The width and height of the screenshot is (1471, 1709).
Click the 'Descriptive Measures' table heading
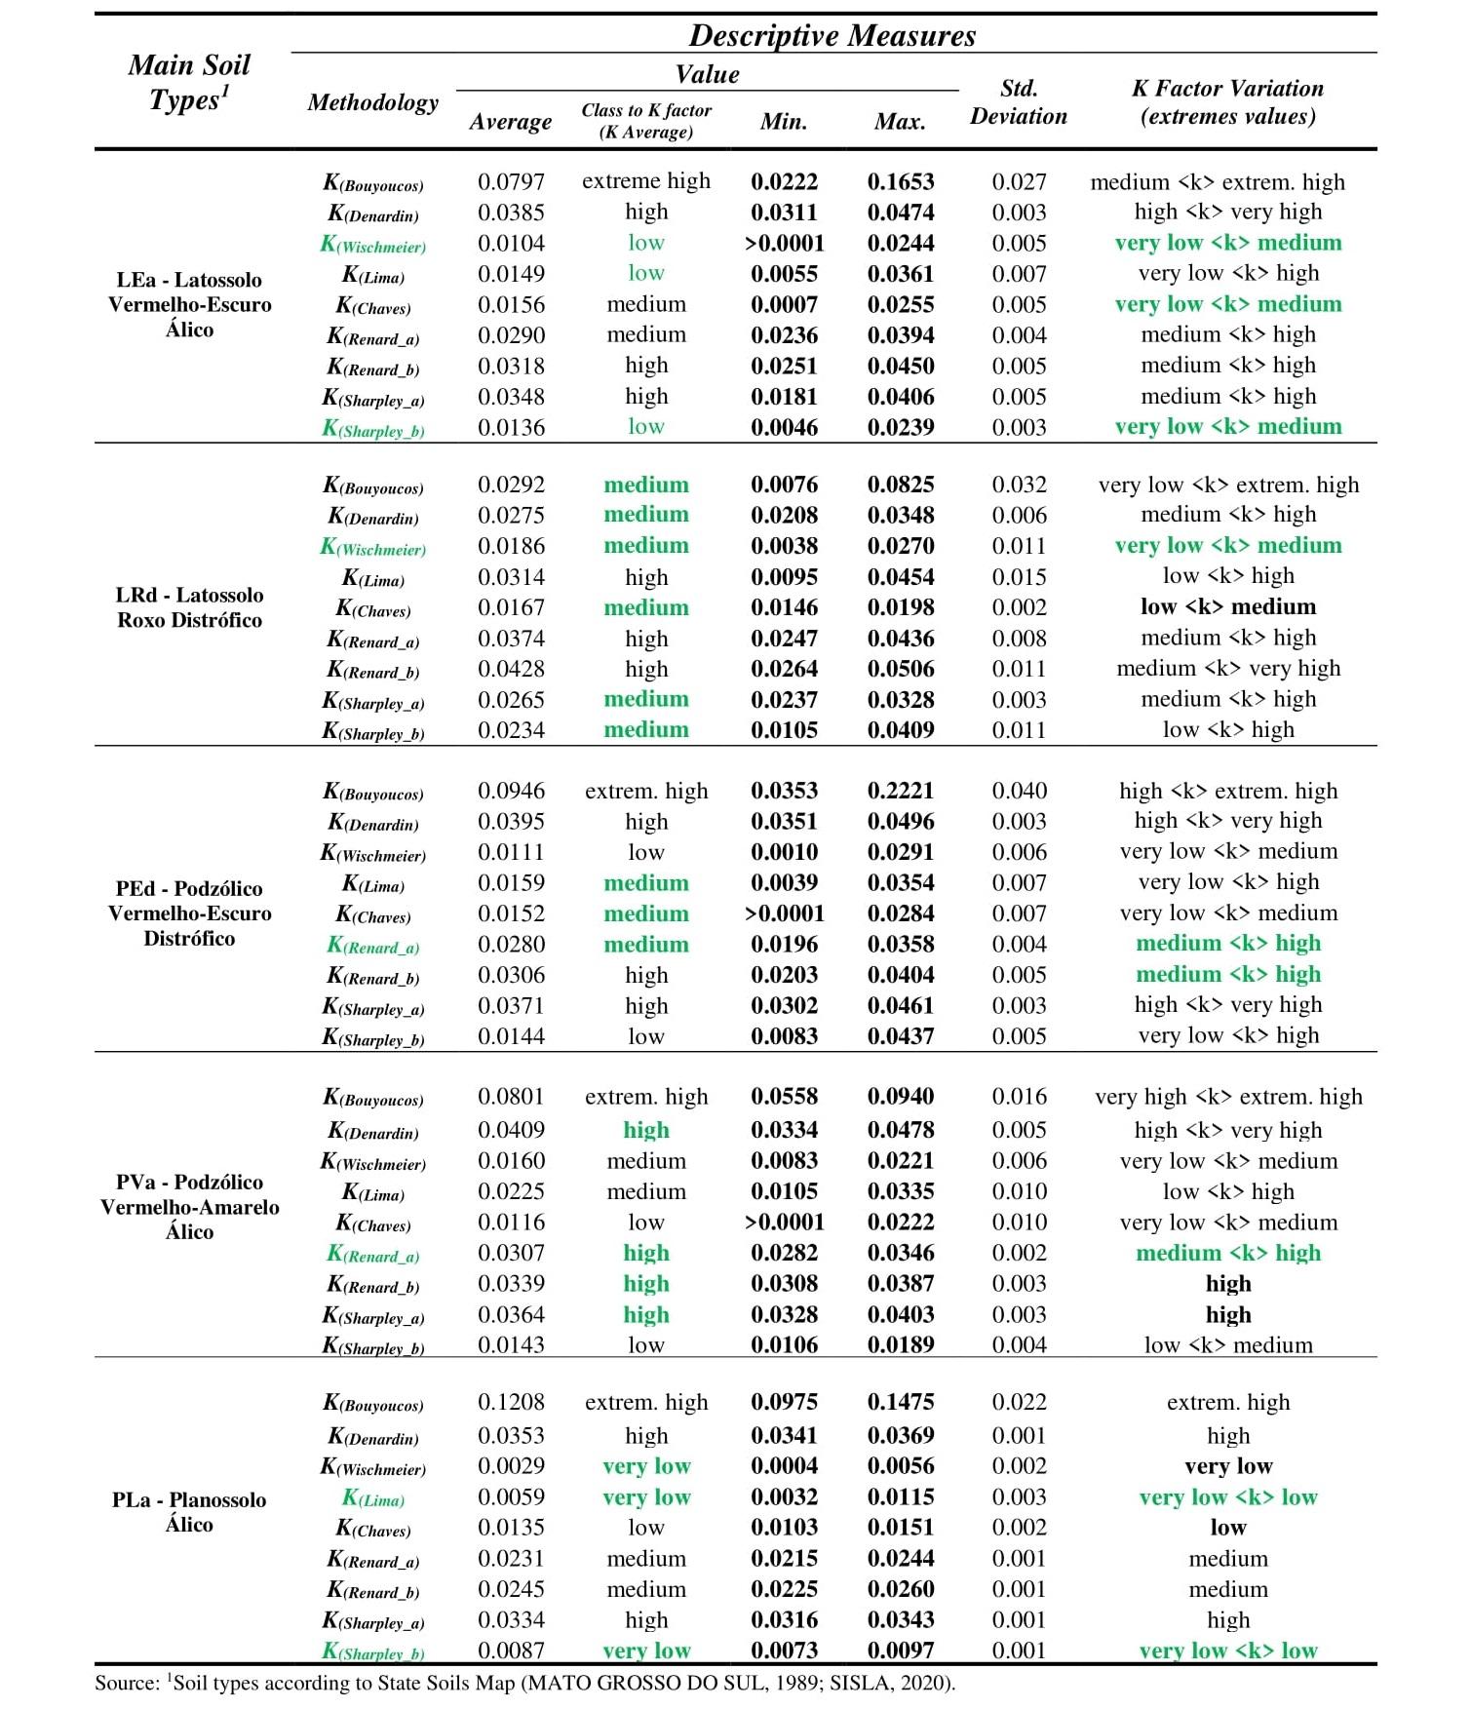tap(832, 36)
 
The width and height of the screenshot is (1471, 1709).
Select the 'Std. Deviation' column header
tap(1019, 102)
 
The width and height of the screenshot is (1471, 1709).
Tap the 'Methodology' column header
tap(372, 102)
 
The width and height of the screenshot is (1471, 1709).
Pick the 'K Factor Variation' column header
tap(1227, 102)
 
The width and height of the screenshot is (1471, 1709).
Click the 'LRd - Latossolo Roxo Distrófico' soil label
tap(190, 607)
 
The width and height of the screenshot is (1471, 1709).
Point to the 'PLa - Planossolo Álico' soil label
tap(189, 1512)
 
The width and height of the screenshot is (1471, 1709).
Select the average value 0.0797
tap(511, 182)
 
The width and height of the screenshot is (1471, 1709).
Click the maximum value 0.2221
tap(901, 791)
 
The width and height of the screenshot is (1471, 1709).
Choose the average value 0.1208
tap(511, 1402)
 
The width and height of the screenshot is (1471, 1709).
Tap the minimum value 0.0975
tap(784, 1402)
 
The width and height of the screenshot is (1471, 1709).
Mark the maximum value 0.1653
tap(901, 182)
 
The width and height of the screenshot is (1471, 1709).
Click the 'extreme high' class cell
tap(646, 181)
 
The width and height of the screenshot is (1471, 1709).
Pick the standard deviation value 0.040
tap(1019, 791)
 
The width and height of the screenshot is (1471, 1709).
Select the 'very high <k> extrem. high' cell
tap(1228, 1097)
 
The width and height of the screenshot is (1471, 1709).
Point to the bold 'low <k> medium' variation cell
tap(1228, 607)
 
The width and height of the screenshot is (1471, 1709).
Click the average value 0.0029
tap(511, 1466)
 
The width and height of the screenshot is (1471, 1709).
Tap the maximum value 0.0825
tap(901, 485)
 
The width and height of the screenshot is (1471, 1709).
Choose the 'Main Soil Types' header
tap(189, 83)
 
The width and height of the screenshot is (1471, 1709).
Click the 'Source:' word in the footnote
tap(127, 1684)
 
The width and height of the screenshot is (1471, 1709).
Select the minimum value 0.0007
tap(784, 305)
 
